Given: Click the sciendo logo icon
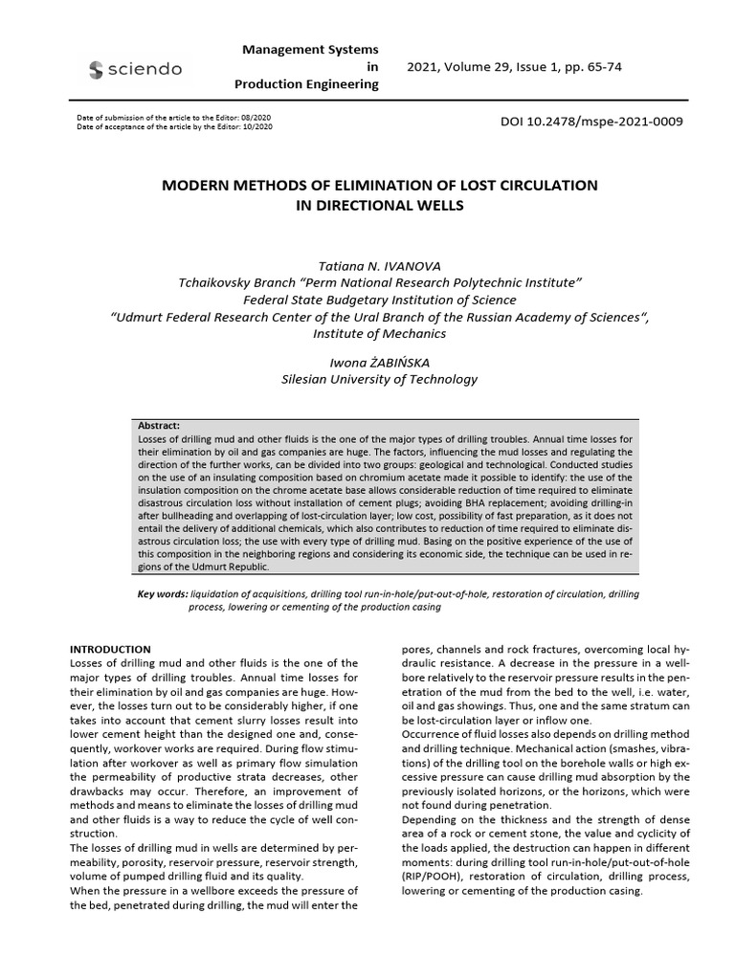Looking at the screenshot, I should [x=96, y=69].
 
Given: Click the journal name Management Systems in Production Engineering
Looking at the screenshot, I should [x=306, y=66].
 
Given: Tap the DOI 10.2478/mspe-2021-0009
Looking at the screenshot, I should [x=592, y=122].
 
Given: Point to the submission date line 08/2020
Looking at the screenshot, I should [x=173, y=117].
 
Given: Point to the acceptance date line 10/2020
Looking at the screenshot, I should [x=173, y=125].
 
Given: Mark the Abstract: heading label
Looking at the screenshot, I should [x=159, y=426].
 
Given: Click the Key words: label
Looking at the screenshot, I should [x=164, y=594].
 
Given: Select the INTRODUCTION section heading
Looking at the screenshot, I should [x=111, y=649].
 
